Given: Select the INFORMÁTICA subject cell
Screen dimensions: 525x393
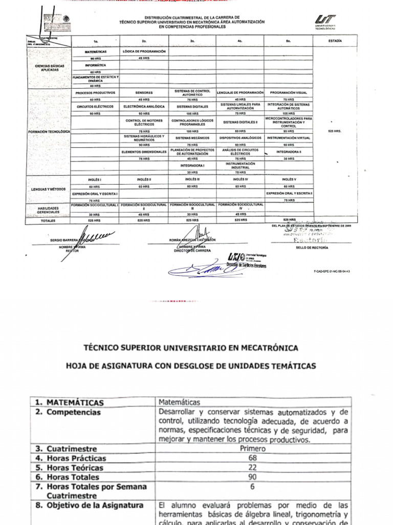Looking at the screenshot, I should point(96,66).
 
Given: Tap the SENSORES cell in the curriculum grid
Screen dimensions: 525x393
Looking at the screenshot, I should point(144,93).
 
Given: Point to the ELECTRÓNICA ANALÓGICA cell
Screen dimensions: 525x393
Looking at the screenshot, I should point(144,107).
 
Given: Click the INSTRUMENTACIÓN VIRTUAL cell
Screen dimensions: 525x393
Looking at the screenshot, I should point(289,138).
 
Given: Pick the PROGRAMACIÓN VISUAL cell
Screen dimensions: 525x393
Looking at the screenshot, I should point(289,93).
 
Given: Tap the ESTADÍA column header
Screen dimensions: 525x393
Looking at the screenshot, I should point(335,40).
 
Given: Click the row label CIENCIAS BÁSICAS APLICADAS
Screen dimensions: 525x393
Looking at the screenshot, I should point(50,68).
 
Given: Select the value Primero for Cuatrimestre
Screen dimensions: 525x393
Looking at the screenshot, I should point(252,448).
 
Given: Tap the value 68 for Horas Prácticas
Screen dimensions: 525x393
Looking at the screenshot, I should point(252,457).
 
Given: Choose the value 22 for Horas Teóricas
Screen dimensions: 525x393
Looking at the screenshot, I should point(252,467).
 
